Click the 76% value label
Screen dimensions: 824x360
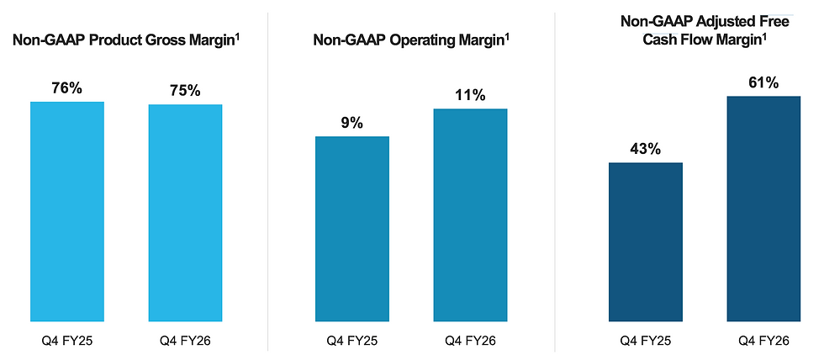coord(66,88)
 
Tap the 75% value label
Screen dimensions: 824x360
coord(185,91)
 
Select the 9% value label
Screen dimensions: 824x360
coord(351,123)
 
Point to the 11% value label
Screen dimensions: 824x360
coord(470,95)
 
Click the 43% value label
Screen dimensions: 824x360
coord(646,149)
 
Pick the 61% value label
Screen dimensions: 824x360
coord(763,83)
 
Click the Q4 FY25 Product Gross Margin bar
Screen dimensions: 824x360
coord(67,211)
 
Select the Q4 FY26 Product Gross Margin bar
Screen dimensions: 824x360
coord(186,213)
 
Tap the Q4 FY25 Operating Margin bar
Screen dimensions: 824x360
coord(352,229)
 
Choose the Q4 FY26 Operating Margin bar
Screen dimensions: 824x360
coord(470,215)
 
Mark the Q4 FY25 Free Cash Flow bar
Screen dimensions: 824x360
coord(646,241)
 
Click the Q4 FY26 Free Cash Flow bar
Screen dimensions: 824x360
coord(763,209)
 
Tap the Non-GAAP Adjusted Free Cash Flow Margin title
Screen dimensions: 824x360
coord(705,30)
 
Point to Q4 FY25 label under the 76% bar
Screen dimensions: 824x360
coord(66,341)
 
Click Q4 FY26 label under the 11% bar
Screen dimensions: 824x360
coord(470,341)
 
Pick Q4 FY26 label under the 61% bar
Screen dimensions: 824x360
coord(763,341)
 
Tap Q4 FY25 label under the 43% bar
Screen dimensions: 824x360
coord(646,341)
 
